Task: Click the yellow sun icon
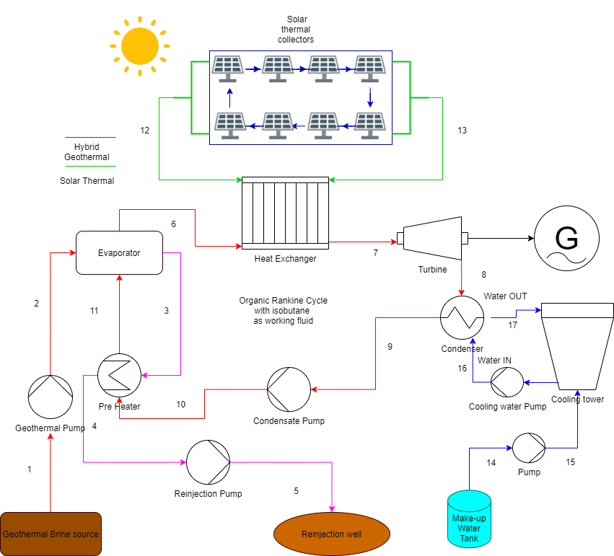[139, 46]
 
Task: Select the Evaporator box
[119, 253]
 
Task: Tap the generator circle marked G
[566, 238]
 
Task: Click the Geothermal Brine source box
[51, 534]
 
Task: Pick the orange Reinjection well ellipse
[332, 534]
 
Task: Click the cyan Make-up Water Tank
[469, 519]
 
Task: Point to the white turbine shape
[432, 238]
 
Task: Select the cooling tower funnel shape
[577, 346]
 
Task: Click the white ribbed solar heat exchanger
[285, 213]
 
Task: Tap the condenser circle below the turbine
[462, 317]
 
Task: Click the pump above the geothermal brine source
[51, 397]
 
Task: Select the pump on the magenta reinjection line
[209, 462]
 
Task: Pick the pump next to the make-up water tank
[529, 448]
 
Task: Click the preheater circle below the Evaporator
[119, 375]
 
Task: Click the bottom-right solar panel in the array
[369, 125]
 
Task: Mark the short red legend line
[90, 137]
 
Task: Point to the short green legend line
[90, 166]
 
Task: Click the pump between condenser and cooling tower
[507, 382]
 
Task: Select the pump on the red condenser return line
[289, 389]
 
